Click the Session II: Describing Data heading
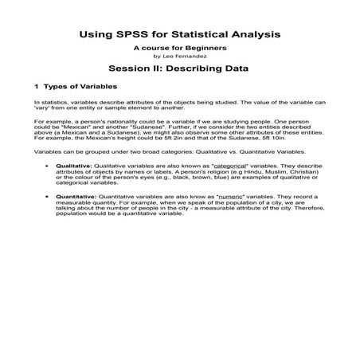point(179,68)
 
